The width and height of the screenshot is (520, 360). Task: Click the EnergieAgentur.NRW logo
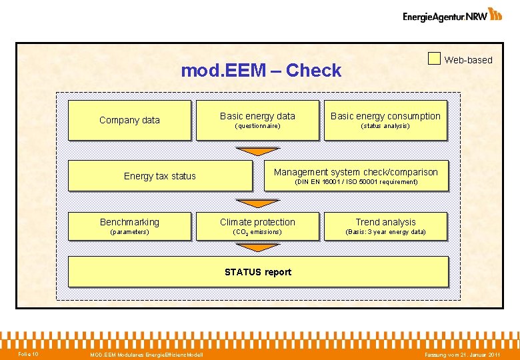coord(452,15)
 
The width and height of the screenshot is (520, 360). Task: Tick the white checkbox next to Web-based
coord(434,59)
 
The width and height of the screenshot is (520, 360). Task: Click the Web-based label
coord(468,60)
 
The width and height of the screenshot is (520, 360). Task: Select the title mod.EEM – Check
coord(261,71)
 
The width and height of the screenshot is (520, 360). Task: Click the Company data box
coord(129,120)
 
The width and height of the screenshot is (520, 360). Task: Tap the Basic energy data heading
coord(257,116)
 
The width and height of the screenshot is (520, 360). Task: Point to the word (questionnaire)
coord(257,126)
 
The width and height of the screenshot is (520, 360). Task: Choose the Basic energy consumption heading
coord(385,116)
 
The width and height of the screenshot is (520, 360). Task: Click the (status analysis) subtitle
coord(385,126)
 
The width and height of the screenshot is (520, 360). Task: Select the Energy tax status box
coord(160,176)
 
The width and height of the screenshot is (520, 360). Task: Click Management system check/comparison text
coord(356,172)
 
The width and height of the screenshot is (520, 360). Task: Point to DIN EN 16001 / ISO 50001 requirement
coord(356,182)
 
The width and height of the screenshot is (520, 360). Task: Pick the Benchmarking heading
coord(129,222)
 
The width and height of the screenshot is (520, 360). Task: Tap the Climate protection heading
coord(257,222)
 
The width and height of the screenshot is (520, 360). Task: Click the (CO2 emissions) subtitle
coord(257,232)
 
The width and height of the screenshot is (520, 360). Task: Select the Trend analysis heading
coord(385,222)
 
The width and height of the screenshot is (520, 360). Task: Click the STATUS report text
coord(258,272)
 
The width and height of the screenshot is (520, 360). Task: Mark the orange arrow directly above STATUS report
coord(258,247)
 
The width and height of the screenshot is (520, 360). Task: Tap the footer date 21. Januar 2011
coord(463,354)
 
